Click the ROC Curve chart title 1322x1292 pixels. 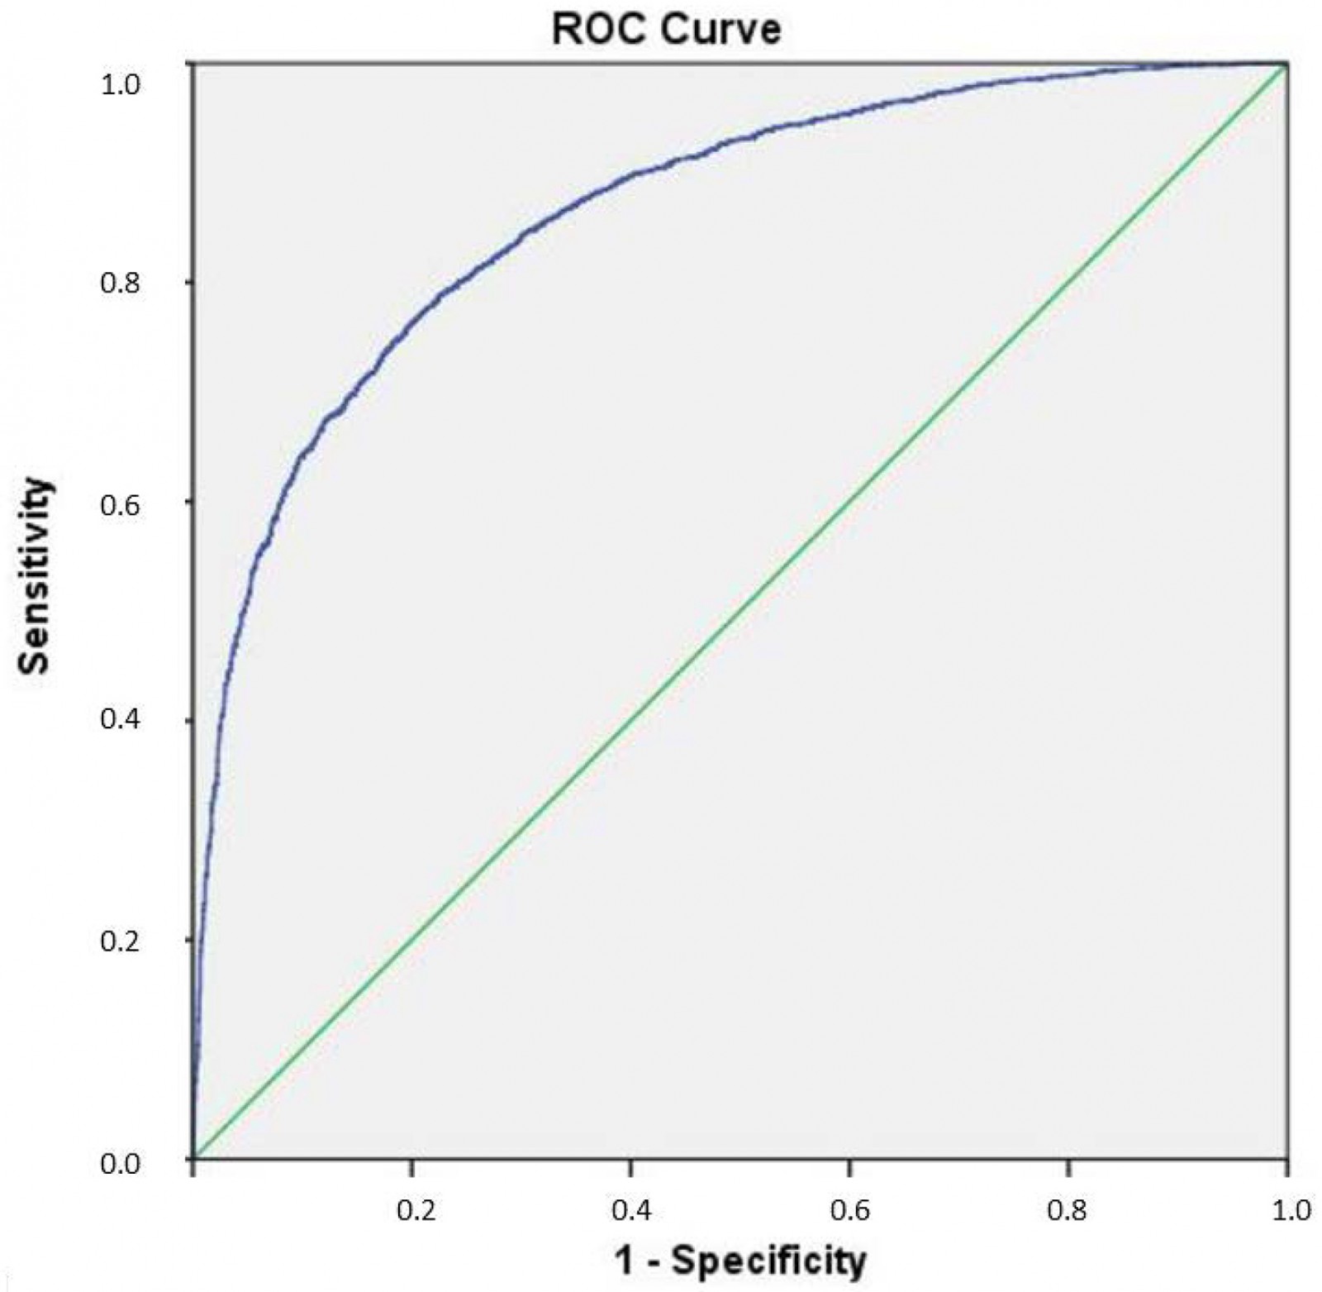coord(666,29)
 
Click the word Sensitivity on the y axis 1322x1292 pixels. coord(35,575)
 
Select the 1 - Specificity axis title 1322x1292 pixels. coord(740,1260)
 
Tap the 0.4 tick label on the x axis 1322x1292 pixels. coord(632,1210)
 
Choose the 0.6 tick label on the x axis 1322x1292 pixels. coord(851,1210)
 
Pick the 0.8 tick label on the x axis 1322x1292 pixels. coord(1068,1210)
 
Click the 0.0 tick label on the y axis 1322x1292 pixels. coord(120,1164)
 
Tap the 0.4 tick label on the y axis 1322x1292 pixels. coord(120,720)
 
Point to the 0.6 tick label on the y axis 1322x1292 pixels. coord(120,503)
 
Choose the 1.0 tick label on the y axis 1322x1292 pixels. coord(120,84)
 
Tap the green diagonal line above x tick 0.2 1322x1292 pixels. coord(412,939)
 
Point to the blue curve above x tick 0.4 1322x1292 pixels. coord(630,174)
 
